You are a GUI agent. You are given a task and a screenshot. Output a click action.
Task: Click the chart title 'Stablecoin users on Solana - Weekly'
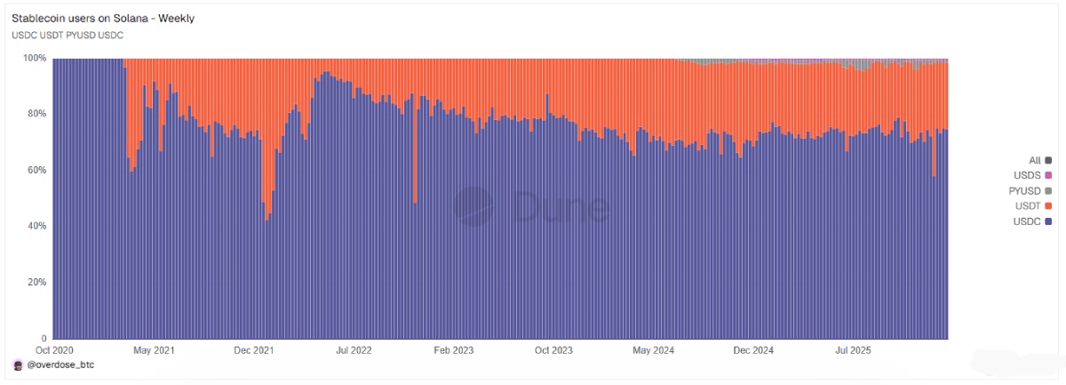pyautogui.click(x=103, y=18)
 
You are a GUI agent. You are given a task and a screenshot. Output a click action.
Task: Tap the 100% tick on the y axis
pyautogui.click(x=34, y=58)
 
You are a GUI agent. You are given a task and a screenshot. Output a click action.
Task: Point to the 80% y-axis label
pyautogui.click(x=36, y=114)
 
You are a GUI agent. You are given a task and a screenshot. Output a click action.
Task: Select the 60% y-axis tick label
pyautogui.click(x=36, y=170)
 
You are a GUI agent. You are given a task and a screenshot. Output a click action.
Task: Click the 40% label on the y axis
pyautogui.click(x=36, y=226)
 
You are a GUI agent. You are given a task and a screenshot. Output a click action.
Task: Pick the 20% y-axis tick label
pyautogui.click(x=36, y=282)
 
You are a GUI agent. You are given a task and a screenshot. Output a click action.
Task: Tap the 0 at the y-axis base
pyautogui.click(x=43, y=338)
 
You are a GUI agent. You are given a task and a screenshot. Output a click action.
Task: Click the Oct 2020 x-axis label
pyautogui.click(x=53, y=350)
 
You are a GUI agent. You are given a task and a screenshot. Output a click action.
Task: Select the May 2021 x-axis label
pyautogui.click(x=154, y=350)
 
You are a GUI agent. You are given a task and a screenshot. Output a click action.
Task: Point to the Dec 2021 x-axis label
pyautogui.click(x=254, y=350)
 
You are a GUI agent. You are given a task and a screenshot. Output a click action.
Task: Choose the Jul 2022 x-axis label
pyautogui.click(x=354, y=350)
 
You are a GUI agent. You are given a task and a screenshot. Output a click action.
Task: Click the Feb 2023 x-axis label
pyautogui.click(x=453, y=350)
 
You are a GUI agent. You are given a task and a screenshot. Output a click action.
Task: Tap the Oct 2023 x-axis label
pyautogui.click(x=553, y=350)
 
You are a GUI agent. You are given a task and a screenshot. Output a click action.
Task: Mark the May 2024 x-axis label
pyautogui.click(x=654, y=350)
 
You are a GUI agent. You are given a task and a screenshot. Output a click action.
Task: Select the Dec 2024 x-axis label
pyautogui.click(x=753, y=350)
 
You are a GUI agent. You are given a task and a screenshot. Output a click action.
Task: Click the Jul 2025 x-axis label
pyautogui.click(x=854, y=350)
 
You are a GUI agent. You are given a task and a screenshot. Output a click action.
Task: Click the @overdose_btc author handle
pyautogui.click(x=59, y=365)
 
